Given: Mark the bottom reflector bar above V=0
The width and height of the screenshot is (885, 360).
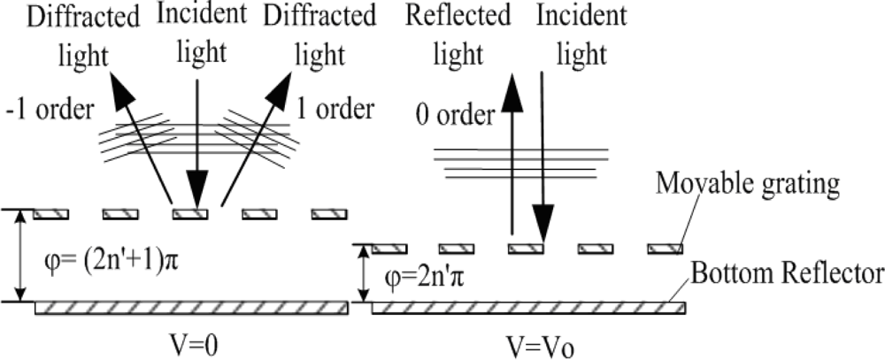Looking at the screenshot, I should point(190,309).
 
